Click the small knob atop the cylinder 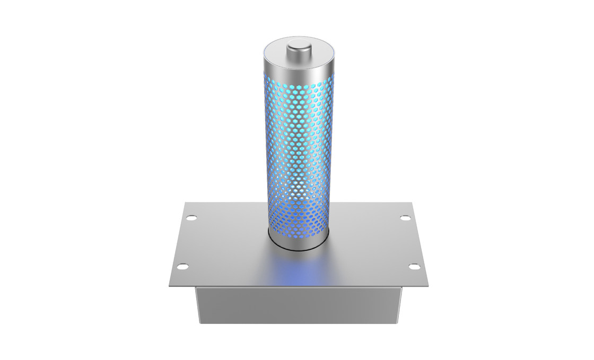[x=298, y=49]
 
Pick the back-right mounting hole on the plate [x=404, y=217]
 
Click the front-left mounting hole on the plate [x=181, y=266]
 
